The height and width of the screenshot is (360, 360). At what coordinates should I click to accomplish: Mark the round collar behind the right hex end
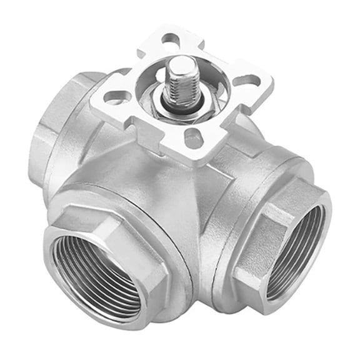tap(250, 187)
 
